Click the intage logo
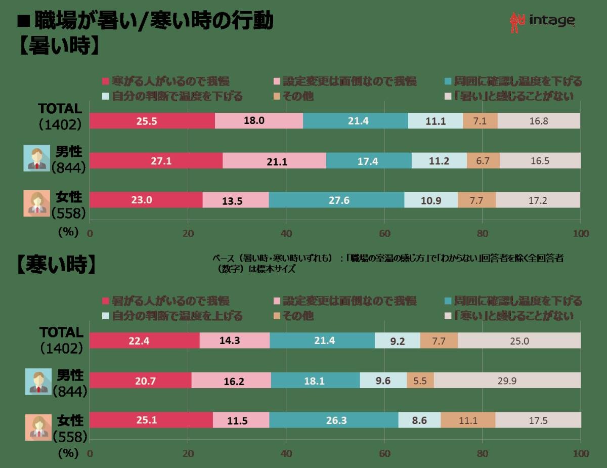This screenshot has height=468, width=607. click(x=542, y=22)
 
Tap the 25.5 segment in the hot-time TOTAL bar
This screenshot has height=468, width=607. click(x=152, y=121)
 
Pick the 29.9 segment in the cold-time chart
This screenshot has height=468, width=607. click(x=507, y=380)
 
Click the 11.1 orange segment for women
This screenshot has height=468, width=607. click(x=468, y=420)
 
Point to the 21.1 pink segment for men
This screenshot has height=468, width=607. click(x=274, y=161)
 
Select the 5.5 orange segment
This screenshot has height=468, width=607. click(x=420, y=380)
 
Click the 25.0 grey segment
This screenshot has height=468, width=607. click(x=519, y=341)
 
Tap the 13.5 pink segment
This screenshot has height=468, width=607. click(x=236, y=200)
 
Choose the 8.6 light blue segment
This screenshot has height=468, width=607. click(x=419, y=420)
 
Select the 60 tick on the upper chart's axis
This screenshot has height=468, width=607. click(x=384, y=233)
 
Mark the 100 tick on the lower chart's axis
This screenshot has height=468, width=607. click(x=581, y=453)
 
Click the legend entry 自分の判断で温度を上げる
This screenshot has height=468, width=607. click(x=172, y=316)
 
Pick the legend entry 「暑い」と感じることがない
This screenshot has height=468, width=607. click(x=508, y=96)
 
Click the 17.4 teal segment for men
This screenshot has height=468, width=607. click(x=369, y=161)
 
